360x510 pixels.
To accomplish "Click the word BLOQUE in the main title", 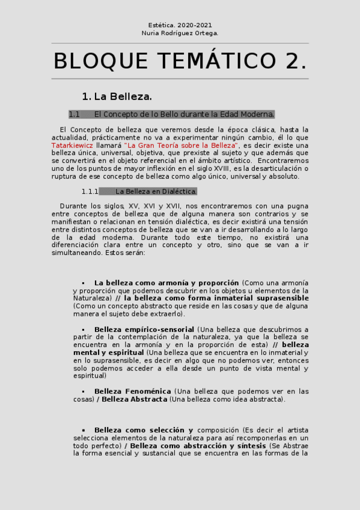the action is (x=99, y=61).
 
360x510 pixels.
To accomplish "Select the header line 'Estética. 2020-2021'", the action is (x=180, y=25).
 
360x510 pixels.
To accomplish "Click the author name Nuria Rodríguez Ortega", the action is (x=180, y=33).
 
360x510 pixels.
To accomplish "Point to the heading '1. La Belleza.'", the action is (x=117, y=96).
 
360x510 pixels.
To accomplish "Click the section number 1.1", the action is (x=74, y=114).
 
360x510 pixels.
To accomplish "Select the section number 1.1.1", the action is (x=91, y=191).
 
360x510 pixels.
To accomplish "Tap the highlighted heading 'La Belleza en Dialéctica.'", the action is (x=156, y=191).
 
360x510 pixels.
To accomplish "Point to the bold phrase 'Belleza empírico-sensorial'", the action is (x=144, y=330).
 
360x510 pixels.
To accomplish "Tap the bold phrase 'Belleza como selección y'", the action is (x=143, y=430).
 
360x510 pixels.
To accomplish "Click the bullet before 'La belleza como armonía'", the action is (x=83, y=283).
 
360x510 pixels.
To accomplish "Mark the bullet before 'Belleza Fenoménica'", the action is (x=83, y=392).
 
